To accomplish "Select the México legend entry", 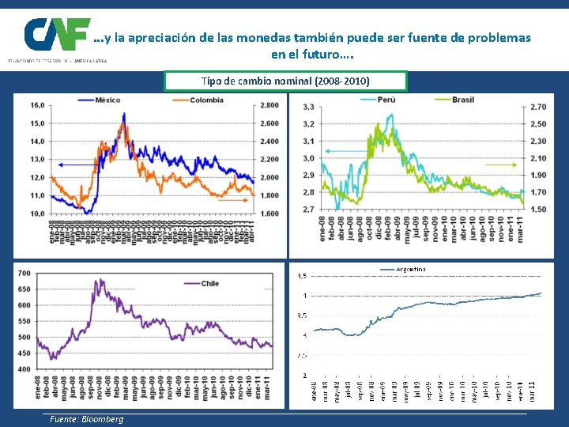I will [106, 100].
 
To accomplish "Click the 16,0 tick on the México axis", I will [37, 105].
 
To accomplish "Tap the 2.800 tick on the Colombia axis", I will [269, 105].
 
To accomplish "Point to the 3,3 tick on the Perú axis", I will [308, 107].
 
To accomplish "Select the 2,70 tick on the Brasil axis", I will [537, 107].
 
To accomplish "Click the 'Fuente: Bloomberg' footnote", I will [84, 419].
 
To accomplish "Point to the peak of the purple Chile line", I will [96, 279].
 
